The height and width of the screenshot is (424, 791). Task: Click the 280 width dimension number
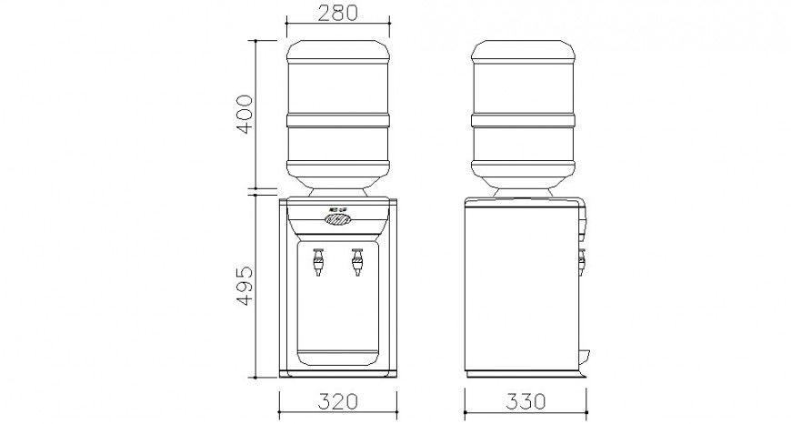click(338, 13)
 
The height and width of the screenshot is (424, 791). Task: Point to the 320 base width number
click(338, 401)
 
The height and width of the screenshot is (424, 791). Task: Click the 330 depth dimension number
click(525, 401)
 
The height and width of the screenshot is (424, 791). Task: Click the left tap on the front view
click(318, 263)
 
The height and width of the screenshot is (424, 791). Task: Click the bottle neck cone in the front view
click(338, 190)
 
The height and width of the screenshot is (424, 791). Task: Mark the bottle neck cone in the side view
click(524, 190)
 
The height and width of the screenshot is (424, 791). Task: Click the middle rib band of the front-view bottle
click(338, 120)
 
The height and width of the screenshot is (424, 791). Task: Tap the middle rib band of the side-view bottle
click(524, 120)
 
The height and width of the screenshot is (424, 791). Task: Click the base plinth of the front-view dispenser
click(338, 372)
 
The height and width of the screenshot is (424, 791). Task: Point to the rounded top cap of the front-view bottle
click(338, 49)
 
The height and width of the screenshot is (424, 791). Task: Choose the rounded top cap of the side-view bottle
click(524, 49)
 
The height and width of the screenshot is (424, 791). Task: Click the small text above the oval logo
click(337, 209)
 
